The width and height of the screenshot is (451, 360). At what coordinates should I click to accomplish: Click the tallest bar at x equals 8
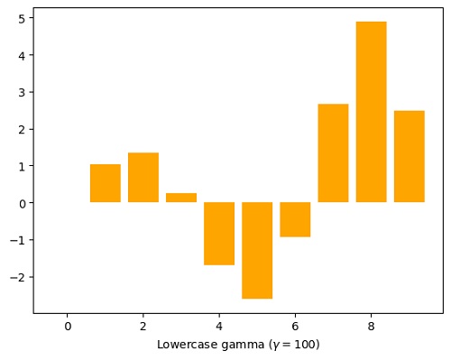click(371, 112)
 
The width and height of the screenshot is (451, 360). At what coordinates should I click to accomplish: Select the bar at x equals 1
click(106, 183)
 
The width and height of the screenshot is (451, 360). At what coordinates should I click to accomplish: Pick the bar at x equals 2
click(143, 178)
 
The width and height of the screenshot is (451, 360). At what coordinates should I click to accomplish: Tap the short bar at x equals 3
click(181, 198)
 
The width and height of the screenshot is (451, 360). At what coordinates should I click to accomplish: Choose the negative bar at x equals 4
click(219, 233)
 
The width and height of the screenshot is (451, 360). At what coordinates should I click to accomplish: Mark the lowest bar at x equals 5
click(257, 250)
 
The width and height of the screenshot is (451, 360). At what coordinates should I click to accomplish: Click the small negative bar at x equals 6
click(295, 219)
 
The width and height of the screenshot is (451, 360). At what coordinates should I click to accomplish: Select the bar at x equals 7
click(333, 153)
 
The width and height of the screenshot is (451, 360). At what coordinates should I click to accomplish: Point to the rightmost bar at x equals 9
click(409, 156)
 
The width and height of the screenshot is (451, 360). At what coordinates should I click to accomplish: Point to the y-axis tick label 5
click(22, 18)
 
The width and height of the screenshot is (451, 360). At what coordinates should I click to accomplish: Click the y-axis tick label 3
click(22, 92)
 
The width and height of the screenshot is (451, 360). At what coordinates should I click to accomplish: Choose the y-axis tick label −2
click(18, 277)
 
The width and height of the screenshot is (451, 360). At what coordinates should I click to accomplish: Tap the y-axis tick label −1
click(18, 240)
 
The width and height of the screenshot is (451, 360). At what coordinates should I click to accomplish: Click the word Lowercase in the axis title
click(183, 345)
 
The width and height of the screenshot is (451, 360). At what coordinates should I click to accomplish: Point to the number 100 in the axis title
click(304, 345)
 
